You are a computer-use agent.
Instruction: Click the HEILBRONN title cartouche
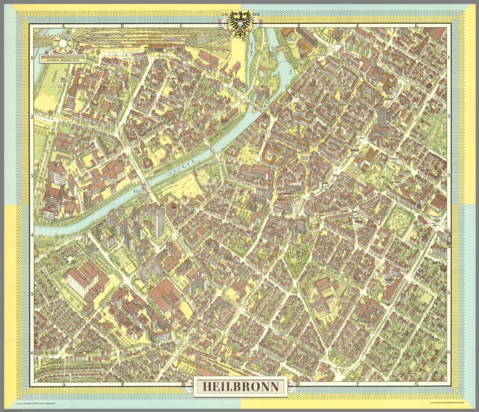click(240, 386)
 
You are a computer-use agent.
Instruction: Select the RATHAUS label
click(298, 114)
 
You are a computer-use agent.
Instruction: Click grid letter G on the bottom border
click(416, 384)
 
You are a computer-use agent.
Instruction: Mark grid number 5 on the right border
click(448, 293)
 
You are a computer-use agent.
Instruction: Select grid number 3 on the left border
click(32, 176)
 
